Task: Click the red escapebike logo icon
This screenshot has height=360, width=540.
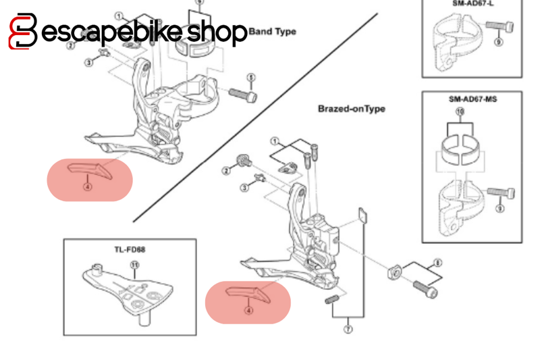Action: pyautogui.click(x=22, y=31)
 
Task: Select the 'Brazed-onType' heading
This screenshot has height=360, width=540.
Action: pyautogui.click(x=351, y=109)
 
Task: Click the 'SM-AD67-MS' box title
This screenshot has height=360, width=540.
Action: pyautogui.click(x=473, y=99)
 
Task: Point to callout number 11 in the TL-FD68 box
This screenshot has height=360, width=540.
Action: pyautogui.click(x=134, y=265)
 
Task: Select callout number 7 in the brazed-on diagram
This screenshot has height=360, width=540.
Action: pyautogui.click(x=348, y=330)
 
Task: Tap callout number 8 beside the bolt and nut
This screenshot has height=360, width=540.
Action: pyautogui.click(x=437, y=262)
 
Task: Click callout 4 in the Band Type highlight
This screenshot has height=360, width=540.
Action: pyautogui.click(x=87, y=187)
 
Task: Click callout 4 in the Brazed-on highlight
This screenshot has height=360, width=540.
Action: pyautogui.click(x=247, y=311)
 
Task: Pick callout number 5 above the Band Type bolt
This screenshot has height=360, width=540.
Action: pyautogui.click(x=250, y=77)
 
